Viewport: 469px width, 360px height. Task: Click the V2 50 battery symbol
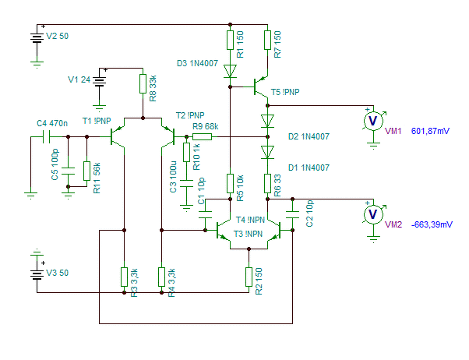pos(37,38)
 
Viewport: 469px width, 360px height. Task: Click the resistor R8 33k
pos(143,84)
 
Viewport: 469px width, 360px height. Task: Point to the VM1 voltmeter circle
pos(373,121)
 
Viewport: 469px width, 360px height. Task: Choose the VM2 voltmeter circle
pos(373,214)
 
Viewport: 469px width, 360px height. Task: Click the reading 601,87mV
pos(430,131)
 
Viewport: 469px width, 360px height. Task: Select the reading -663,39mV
pos(432,224)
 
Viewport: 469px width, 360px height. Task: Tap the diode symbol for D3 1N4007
pos(230,71)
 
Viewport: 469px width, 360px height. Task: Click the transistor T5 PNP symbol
pos(259,86)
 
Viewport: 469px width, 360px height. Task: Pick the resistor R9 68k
pos(203,137)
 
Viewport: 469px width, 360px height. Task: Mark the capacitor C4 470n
pos(47,137)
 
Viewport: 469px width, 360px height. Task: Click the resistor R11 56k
pos(86,171)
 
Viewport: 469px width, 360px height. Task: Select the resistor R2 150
pos(249,277)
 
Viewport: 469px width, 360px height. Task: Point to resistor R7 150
pos(267,40)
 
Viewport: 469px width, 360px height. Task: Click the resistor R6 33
pos(267,183)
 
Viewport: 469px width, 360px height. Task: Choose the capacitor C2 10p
pos(292,214)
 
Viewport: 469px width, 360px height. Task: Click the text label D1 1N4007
pos(309,168)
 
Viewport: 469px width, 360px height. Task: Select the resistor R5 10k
pos(230,183)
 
